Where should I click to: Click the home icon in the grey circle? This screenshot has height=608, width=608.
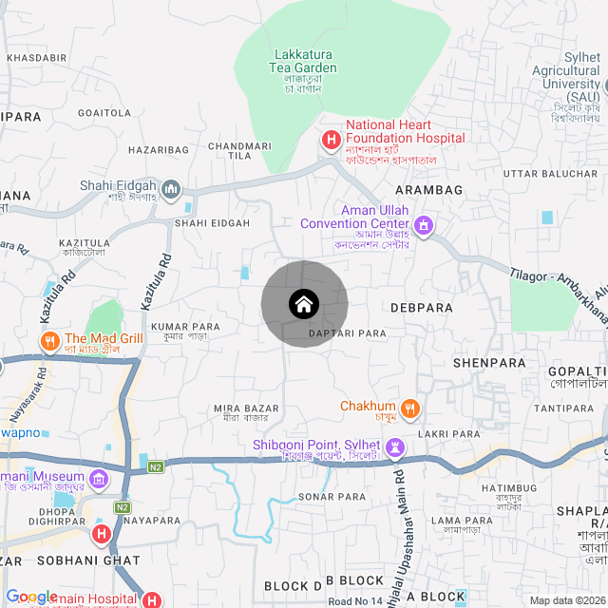point(304,304)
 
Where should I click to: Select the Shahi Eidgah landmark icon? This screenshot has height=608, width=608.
point(172,189)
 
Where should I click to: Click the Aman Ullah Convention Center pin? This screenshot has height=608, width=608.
point(424,226)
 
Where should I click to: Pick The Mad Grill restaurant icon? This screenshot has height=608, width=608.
point(47,340)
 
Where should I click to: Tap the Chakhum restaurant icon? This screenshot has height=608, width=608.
point(409,408)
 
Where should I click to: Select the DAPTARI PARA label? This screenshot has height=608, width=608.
point(348,333)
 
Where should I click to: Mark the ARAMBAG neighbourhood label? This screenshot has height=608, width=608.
point(435,190)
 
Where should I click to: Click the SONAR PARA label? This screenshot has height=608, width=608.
point(332,497)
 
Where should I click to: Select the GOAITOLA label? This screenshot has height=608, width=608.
point(104,113)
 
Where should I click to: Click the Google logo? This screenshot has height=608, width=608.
point(31,597)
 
